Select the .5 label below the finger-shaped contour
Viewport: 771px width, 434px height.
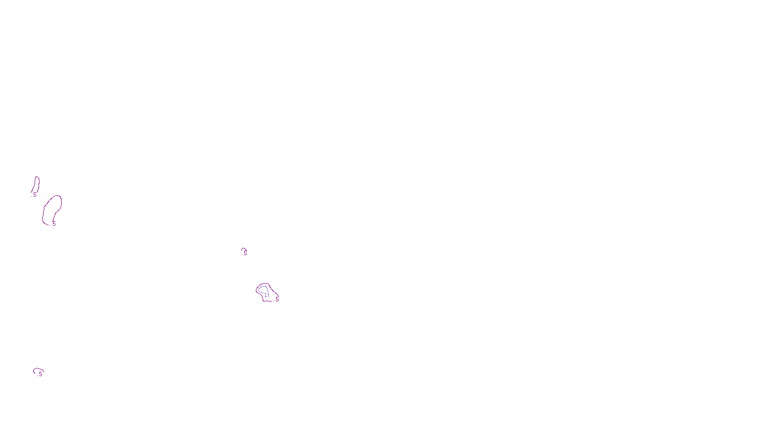34,195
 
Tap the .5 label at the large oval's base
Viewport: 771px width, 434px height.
53,224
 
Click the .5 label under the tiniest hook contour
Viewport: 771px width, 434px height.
245,253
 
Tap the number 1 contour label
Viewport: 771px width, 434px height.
266,295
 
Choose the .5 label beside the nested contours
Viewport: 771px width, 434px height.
277,299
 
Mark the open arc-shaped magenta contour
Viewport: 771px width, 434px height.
36,369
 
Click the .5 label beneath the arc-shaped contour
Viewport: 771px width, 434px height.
40,374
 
